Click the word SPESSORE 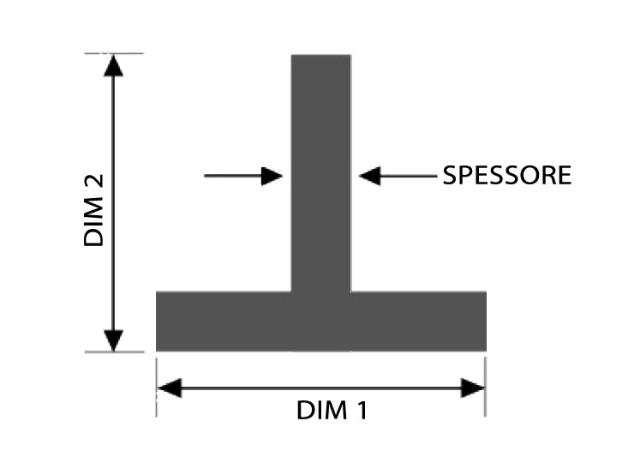[x=507, y=175]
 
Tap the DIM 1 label [x=332, y=410]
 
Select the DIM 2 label [x=93, y=210]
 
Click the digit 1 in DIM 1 [x=361, y=410]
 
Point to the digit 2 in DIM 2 [x=93, y=182]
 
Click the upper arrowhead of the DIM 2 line [x=113, y=65]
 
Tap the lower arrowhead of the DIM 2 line [x=114, y=340]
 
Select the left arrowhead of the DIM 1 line [x=170, y=388]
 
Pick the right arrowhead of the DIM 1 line [x=473, y=388]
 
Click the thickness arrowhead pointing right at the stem [x=272, y=176]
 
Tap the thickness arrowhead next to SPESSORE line [x=370, y=176]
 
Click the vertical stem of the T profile [x=321, y=173]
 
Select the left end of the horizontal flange [x=158, y=322]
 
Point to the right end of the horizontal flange [x=485, y=322]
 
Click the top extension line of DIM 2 [x=114, y=53]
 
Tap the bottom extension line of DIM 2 [x=115, y=352]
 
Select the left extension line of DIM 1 [x=157, y=387]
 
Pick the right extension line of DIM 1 [x=485, y=387]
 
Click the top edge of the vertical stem [x=321, y=55]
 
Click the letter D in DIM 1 [x=304, y=411]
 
